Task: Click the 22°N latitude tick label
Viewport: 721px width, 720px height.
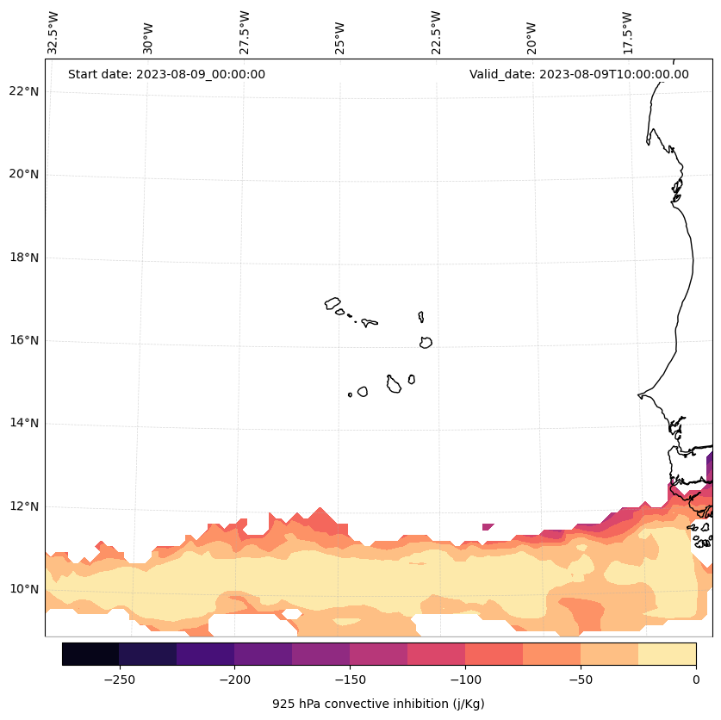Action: pos(23,91)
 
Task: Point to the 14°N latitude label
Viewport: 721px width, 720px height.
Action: pos(23,423)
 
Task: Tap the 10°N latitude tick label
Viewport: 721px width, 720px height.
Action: pos(23,589)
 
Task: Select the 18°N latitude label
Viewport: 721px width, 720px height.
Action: pos(23,258)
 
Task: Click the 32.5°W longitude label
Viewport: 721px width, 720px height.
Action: pos(53,33)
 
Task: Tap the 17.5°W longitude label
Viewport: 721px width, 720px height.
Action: pos(628,33)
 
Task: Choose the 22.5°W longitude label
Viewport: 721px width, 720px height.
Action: pos(436,33)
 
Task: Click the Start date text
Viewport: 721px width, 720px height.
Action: pos(166,74)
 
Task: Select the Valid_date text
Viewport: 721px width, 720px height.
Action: pos(579,74)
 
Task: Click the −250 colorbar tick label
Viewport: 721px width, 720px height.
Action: pos(119,680)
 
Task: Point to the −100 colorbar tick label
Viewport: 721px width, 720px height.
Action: pos(465,680)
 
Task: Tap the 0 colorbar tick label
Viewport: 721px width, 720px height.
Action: pos(696,680)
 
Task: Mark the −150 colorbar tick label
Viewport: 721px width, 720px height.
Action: pos(350,680)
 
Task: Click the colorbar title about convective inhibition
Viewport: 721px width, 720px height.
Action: pos(378,704)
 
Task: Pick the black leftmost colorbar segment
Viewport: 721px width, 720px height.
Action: pos(90,654)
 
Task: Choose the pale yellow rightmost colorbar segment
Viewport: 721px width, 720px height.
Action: pos(667,654)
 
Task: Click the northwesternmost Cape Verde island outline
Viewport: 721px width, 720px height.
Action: pos(333,303)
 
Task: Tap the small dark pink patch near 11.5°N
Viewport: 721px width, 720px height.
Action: pos(488,526)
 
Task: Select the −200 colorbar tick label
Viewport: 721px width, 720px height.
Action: pos(234,680)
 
